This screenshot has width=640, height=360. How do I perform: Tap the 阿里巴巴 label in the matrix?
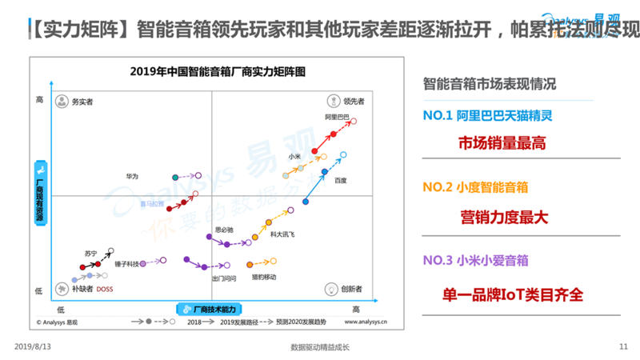(338, 118)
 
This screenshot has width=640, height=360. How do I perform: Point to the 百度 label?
(341, 180)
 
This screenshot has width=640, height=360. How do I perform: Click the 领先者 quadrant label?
(354, 102)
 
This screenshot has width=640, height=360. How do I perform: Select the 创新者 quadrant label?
(353, 289)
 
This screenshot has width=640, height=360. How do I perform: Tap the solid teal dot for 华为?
(175, 176)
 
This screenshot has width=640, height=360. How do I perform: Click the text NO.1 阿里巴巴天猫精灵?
(487, 115)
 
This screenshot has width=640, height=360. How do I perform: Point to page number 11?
(624, 346)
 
